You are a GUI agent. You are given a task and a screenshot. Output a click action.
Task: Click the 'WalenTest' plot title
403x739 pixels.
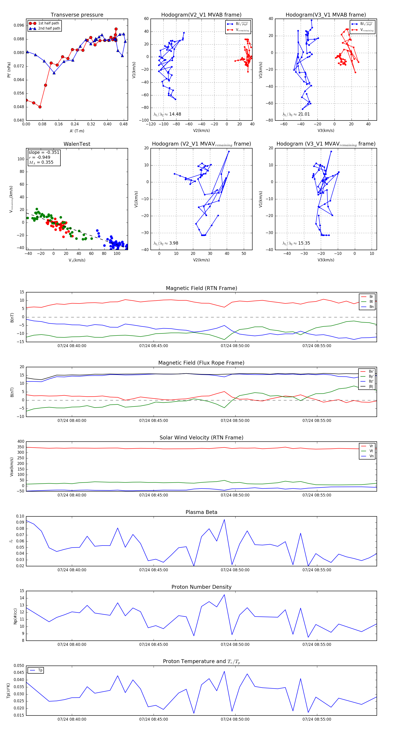click(77, 144)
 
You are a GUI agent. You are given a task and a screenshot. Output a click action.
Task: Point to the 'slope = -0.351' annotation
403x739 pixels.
click(44, 152)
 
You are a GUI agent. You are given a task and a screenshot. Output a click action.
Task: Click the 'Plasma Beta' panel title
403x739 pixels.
click(201, 512)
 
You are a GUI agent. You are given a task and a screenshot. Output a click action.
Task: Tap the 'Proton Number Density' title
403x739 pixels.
click(201, 587)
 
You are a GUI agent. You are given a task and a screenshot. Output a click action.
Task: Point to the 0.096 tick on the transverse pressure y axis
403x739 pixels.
click(19, 25)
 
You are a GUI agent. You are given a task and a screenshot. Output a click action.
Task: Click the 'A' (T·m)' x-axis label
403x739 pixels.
click(77, 131)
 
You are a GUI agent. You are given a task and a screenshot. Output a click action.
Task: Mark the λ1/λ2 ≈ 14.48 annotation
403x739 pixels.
click(167, 114)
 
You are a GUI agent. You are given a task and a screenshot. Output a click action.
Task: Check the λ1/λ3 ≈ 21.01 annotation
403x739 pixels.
click(296, 114)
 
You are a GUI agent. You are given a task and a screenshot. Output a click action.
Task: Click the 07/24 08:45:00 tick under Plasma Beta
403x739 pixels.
click(153, 570)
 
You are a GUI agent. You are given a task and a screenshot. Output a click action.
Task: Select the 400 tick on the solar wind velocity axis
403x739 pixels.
click(21, 442)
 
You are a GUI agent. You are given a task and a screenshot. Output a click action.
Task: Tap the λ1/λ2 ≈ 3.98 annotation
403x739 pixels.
click(166, 243)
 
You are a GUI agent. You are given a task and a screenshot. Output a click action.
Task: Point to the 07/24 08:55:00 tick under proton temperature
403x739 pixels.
click(317, 719)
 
